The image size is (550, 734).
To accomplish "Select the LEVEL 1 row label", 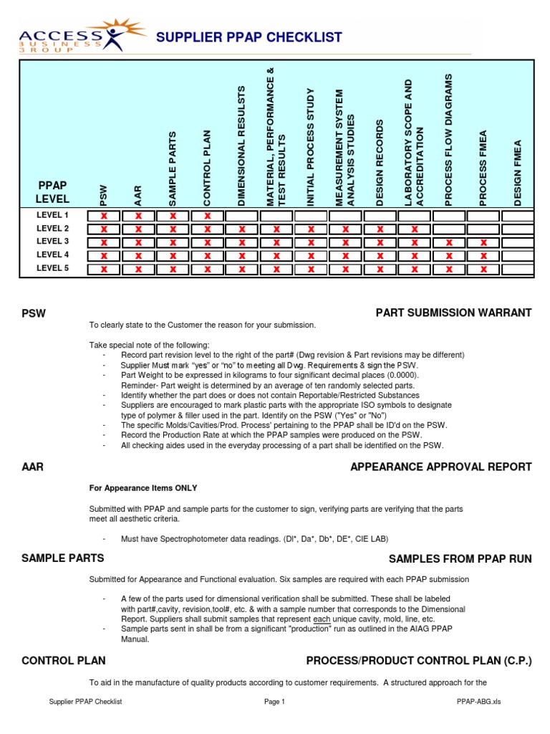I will click(x=53, y=215).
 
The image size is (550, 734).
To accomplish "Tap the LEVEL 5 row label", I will click(x=53, y=269).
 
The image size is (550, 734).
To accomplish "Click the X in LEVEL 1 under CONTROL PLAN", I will click(x=208, y=216).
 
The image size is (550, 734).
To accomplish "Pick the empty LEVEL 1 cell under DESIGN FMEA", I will click(x=517, y=216).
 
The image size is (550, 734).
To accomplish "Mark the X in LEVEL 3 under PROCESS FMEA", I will click(x=483, y=242).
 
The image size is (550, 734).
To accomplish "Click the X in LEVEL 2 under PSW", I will click(x=104, y=229).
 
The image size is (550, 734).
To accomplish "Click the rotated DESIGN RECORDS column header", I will click(x=380, y=163).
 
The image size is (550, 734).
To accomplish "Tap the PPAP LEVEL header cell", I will click(x=53, y=191).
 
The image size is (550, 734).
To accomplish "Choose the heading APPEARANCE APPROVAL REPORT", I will click(x=440, y=467).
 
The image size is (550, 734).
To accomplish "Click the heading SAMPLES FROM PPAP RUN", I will click(x=460, y=558).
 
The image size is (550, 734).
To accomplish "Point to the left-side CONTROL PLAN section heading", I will click(x=64, y=660).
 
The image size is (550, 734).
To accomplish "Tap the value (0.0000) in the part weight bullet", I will click(x=402, y=375).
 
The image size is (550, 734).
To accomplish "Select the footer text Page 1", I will click(x=274, y=702).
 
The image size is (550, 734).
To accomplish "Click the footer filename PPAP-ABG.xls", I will click(x=478, y=702).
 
